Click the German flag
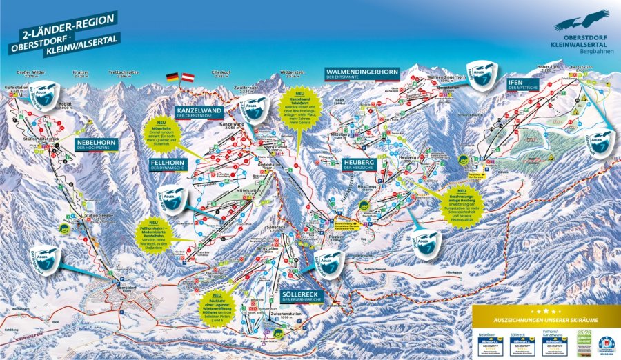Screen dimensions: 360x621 [172, 77]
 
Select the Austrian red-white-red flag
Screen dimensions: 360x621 [187, 77]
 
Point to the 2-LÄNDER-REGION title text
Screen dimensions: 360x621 [62, 30]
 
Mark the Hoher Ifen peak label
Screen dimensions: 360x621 [544, 68]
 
